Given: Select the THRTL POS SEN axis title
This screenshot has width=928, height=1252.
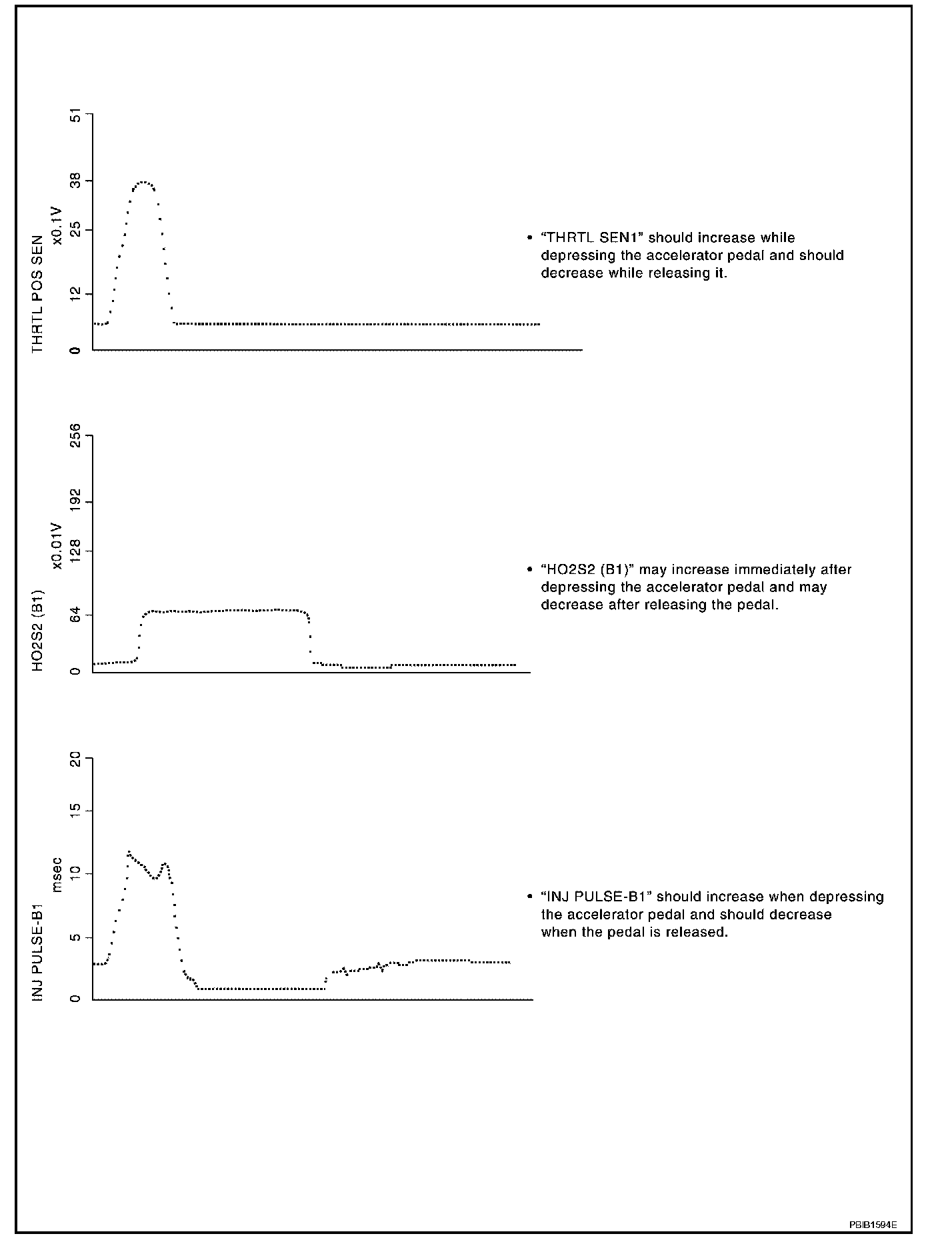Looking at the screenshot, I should tap(37, 294).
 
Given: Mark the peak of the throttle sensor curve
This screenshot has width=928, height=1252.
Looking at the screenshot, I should tap(143, 182).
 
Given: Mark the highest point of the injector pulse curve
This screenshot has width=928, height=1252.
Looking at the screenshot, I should tap(129, 852).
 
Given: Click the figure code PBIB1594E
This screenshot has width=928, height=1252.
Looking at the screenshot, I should tap(873, 1225).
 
